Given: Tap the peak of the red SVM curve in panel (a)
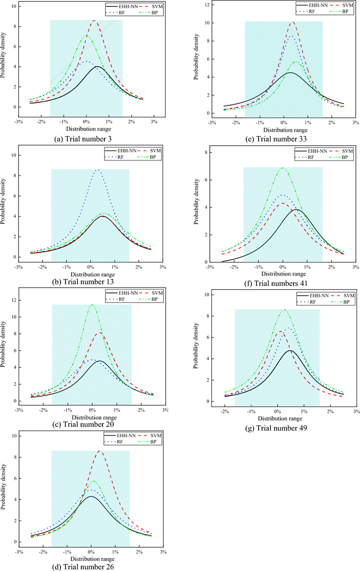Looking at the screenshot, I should point(95,21).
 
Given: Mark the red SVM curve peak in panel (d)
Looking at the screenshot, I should point(99,451).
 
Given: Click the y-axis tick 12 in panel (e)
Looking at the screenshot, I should point(204,5).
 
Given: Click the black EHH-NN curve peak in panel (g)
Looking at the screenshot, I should point(290,350).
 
